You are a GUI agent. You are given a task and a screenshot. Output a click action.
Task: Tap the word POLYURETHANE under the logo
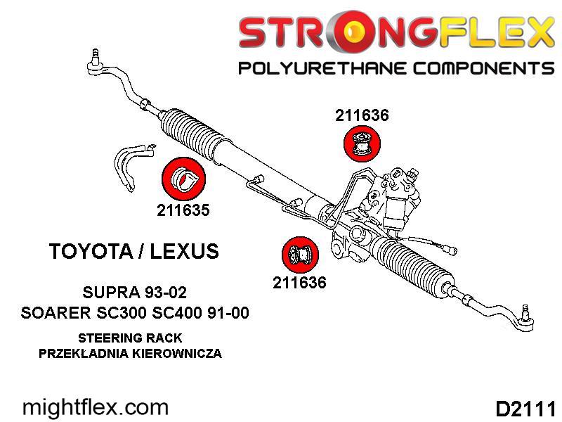(317, 69)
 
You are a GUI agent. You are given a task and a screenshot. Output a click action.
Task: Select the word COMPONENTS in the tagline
(477, 69)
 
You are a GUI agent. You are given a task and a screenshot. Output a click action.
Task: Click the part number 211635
(183, 210)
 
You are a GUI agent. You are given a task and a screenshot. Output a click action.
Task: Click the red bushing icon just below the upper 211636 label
(362, 143)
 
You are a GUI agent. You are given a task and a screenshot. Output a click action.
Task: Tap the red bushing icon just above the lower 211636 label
(300, 255)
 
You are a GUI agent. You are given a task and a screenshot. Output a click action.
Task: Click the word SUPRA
(106, 291)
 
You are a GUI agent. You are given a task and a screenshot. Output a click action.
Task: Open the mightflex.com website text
(96, 407)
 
